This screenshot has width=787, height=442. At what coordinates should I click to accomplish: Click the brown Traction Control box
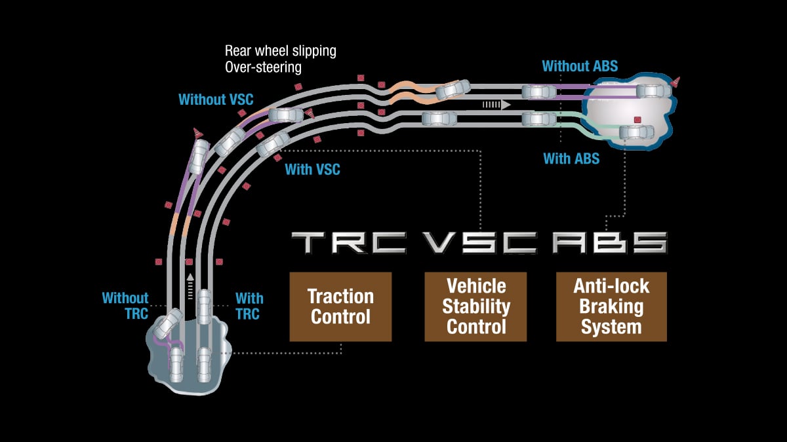(x=340, y=307)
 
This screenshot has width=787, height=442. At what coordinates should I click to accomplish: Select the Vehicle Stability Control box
(x=475, y=307)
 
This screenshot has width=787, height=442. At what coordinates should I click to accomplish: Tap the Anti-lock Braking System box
(x=611, y=307)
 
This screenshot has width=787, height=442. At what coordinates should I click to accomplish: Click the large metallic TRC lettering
(x=349, y=243)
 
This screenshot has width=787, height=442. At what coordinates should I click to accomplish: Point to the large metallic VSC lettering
(x=481, y=243)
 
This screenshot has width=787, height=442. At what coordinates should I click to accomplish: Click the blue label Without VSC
(x=216, y=100)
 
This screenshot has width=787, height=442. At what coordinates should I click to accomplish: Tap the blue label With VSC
(x=312, y=170)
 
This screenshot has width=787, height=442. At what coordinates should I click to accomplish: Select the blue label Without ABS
(x=580, y=65)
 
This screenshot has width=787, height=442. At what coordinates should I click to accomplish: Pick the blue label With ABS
(x=571, y=158)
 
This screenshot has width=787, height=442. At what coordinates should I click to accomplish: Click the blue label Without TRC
(x=125, y=306)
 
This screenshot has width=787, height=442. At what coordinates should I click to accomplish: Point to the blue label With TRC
(x=249, y=306)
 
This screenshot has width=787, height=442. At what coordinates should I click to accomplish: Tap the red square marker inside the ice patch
(x=636, y=119)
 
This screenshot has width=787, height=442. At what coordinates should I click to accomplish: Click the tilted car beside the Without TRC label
(x=168, y=322)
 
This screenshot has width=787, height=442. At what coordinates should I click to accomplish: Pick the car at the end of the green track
(x=636, y=132)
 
